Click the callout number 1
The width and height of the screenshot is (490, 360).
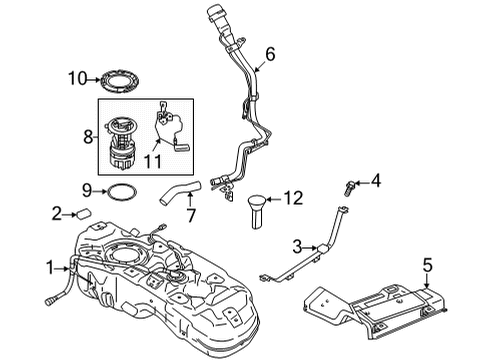50,267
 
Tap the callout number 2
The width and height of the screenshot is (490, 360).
58,212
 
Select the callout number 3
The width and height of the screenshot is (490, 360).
296,246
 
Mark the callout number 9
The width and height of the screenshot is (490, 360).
87,188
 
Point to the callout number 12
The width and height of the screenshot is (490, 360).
291,198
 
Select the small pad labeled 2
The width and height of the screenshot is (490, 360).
84,212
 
